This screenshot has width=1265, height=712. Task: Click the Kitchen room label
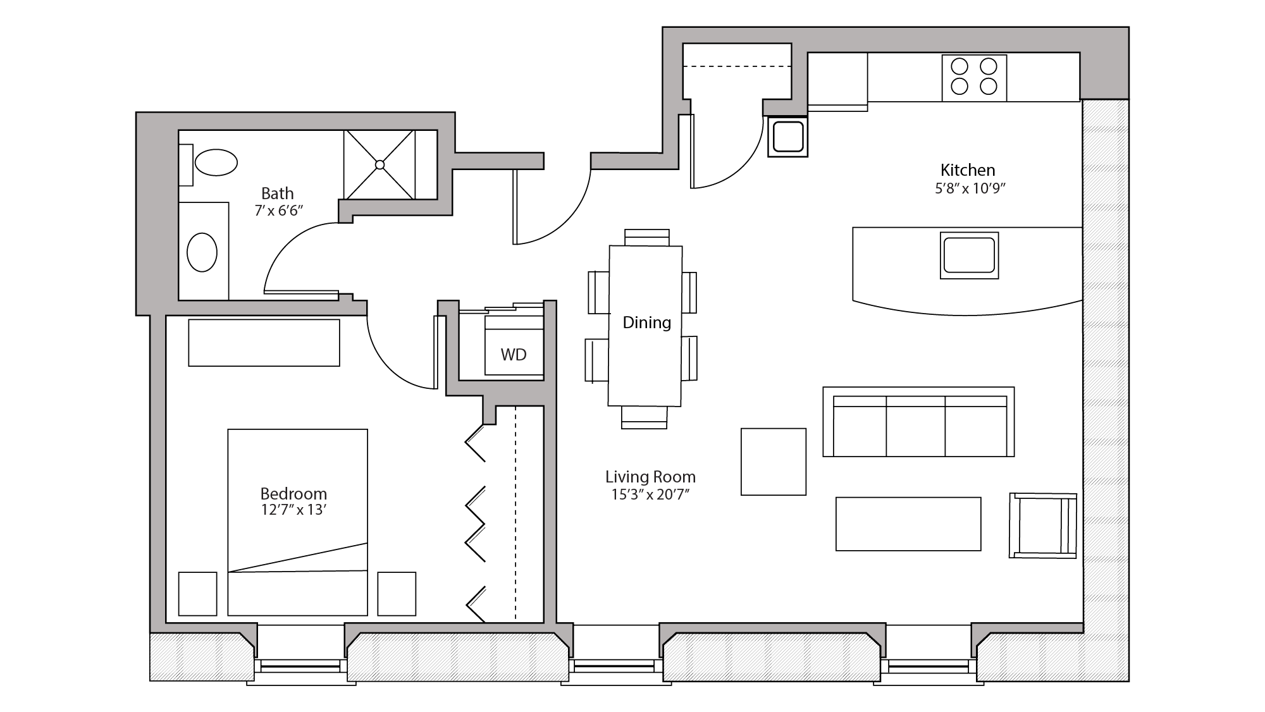[x=967, y=170]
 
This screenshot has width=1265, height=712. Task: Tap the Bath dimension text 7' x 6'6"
[x=279, y=211]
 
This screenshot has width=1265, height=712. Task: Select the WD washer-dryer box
[x=514, y=354]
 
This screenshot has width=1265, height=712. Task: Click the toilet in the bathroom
[x=216, y=163]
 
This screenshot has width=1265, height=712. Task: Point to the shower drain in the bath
[x=379, y=165]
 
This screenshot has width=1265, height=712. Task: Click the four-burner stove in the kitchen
[x=974, y=77]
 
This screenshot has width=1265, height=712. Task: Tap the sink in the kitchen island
[x=969, y=255]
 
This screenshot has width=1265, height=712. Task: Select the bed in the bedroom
[x=297, y=522]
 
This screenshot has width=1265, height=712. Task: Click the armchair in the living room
[x=1042, y=525]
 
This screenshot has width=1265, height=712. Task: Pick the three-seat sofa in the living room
[x=918, y=422]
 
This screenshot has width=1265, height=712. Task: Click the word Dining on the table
[x=646, y=322]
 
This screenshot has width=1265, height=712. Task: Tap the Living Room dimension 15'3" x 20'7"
[x=650, y=494]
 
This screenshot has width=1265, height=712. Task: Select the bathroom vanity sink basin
[x=202, y=252]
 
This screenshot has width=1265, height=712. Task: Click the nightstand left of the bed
[x=197, y=594]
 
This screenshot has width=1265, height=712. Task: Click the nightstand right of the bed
[x=397, y=594]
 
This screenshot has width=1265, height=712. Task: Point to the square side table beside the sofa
[x=773, y=462]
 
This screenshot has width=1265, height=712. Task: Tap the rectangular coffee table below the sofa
[x=908, y=524]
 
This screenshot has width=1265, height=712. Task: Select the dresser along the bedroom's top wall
[x=264, y=342]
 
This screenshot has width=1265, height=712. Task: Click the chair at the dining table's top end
[x=646, y=236]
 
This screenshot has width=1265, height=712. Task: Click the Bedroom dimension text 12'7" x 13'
[x=293, y=510]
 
